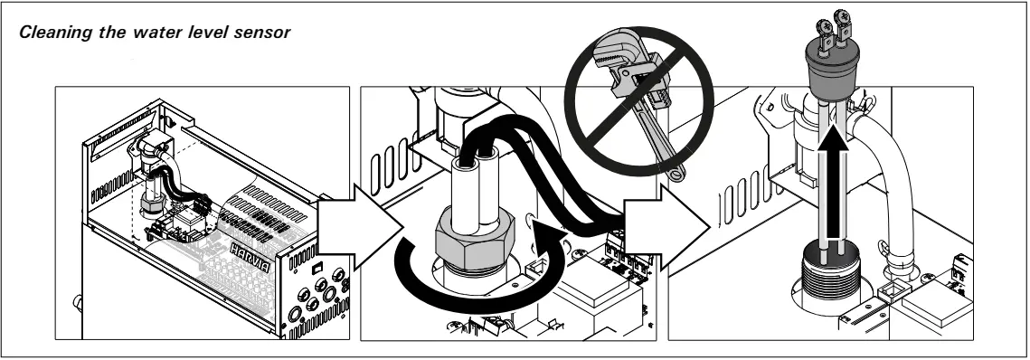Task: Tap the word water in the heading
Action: [x=158, y=33]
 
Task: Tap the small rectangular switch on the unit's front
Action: [x=317, y=268]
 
